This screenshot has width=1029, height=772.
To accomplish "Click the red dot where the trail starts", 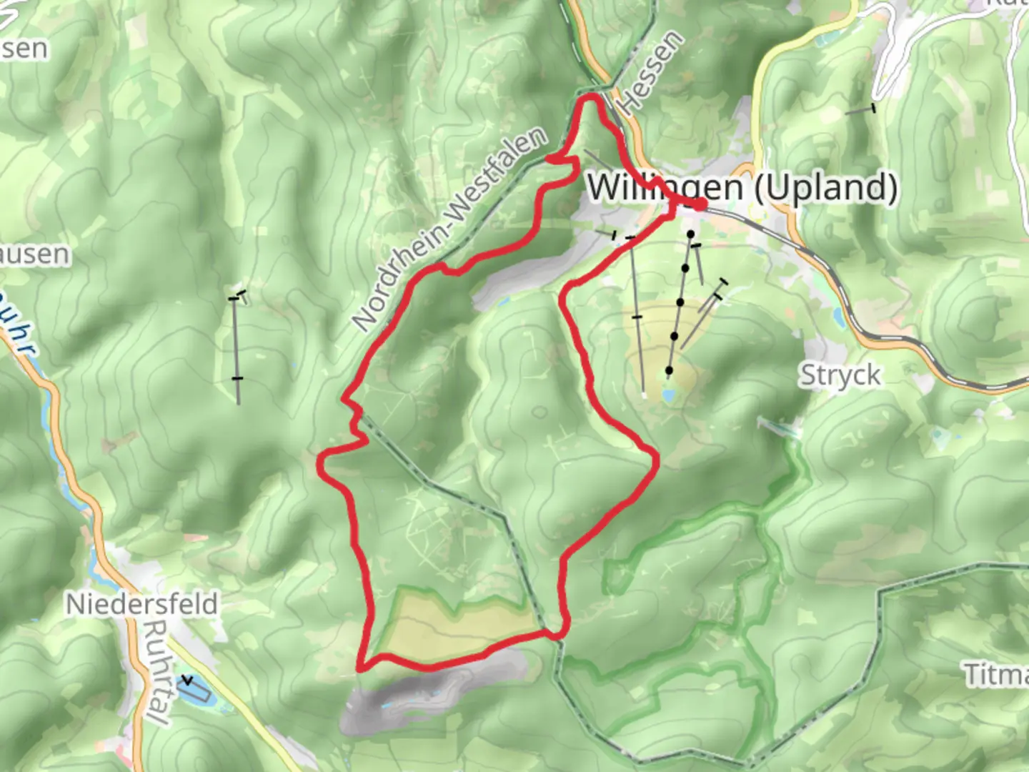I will [700, 204].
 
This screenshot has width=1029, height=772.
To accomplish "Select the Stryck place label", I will [840, 375].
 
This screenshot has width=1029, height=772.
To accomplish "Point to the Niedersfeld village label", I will [141, 604].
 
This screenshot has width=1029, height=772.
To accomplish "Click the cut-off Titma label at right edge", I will [997, 674].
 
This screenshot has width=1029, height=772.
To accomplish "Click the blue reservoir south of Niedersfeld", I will [195, 688].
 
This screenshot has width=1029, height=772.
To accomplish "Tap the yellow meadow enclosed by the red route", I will [457, 628].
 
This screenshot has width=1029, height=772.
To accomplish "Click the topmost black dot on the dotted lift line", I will [690, 234].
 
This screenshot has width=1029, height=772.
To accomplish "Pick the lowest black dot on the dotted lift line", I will [669, 370].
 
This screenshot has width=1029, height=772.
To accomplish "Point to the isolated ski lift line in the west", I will [236, 343].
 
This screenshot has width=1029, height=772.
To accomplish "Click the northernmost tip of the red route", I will [592, 96].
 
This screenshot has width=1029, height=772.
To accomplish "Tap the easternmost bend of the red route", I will [655, 461].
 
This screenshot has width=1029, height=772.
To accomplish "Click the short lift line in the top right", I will [860, 110].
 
